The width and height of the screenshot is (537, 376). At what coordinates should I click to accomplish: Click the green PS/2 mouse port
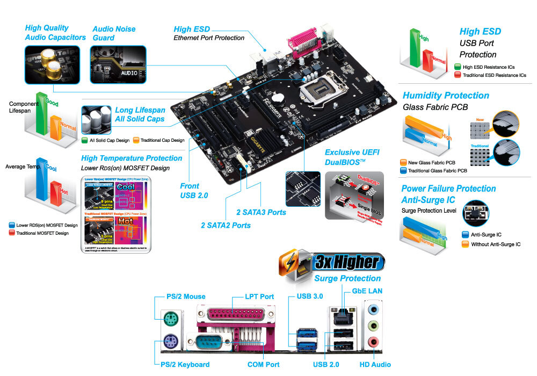click(x=170, y=316)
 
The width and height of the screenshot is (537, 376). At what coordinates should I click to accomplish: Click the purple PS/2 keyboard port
click(x=170, y=340)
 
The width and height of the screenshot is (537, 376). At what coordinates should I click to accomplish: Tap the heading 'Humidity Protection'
click(x=446, y=96)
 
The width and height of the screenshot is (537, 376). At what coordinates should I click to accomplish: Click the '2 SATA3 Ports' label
click(x=261, y=212)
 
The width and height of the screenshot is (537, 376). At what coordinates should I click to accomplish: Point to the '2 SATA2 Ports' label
click(x=226, y=225)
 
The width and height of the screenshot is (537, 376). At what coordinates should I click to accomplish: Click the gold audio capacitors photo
click(x=52, y=64)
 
